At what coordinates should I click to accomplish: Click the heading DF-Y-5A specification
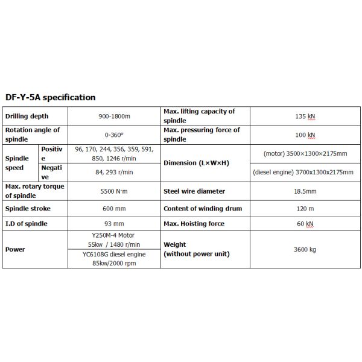click(49, 97)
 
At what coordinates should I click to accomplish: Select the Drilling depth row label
click(27, 116)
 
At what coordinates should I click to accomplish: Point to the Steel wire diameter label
click(194, 192)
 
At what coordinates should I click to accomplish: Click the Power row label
click(15, 249)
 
